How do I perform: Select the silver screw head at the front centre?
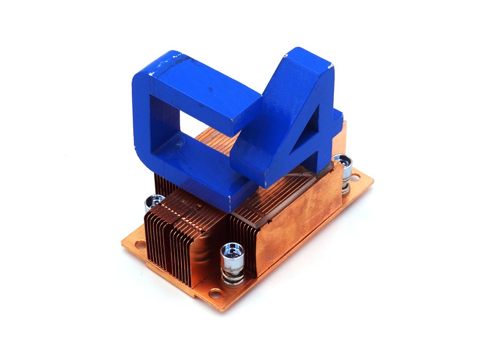click(233, 252)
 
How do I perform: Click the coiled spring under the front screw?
click(234, 273)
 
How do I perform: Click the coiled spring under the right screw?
click(346, 184)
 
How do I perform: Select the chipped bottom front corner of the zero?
click(229, 198)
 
